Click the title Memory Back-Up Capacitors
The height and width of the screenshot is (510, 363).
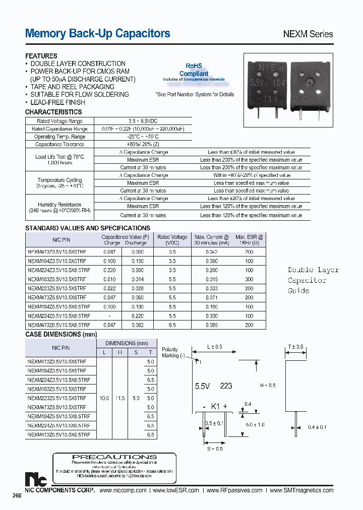pyautogui.click(x=97, y=34)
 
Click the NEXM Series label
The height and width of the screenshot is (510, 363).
pyautogui.click(x=308, y=34)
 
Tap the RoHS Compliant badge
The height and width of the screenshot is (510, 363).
pyautogui.click(x=194, y=70)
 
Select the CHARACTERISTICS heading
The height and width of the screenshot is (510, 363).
pyautogui.click(x=53, y=112)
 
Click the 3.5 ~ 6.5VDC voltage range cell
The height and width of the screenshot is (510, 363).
pyautogui.click(x=143, y=121)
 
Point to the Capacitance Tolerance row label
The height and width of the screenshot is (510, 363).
pyautogui.click(x=59, y=144)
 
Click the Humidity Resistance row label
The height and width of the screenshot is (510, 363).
pyautogui.click(x=59, y=207)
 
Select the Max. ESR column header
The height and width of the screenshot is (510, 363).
pyautogui.click(x=249, y=239)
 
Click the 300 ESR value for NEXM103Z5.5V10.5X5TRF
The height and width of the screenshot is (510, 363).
pyautogui.click(x=249, y=279)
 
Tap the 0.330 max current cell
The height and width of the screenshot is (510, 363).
pyautogui.click(x=213, y=315)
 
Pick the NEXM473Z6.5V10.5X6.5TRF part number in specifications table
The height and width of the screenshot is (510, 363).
pyautogui.click(x=59, y=325)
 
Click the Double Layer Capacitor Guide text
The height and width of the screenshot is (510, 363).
pyautogui.click(x=313, y=280)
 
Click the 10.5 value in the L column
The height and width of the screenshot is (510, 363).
pyautogui.click(x=104, y=398)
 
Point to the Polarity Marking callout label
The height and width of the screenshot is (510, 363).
pyautogui.click(x=170, y=352)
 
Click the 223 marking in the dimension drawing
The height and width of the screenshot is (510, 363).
pyautogui.click(x=226, y=386)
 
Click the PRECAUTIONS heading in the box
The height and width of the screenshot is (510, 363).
pyautogui.click(x=114, y=457)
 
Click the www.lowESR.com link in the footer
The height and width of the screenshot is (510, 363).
pyautogui.click(x=176, y=490)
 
